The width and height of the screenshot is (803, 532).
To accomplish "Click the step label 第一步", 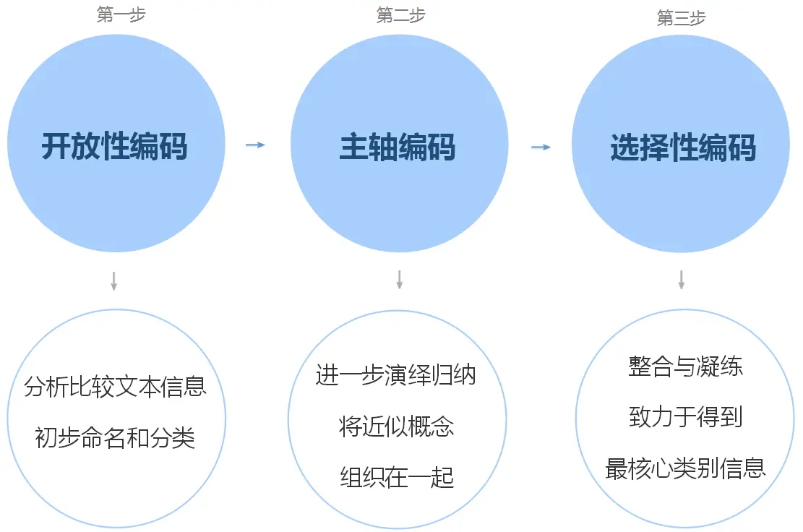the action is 121,15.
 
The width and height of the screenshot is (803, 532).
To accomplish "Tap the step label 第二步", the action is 400,15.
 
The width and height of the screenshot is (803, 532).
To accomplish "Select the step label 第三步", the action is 681,18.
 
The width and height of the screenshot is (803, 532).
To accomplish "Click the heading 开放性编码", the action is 114,147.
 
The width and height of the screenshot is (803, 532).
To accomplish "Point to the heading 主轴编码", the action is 398,147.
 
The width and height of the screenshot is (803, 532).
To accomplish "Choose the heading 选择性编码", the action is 683,148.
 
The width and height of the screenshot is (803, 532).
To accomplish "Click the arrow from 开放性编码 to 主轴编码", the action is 255,145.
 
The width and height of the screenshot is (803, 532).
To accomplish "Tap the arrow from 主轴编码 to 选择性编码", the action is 541,147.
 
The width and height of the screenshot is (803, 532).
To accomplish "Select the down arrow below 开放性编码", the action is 113,280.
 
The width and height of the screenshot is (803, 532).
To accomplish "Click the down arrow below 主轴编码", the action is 399,280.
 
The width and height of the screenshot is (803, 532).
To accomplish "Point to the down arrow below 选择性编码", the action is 681,280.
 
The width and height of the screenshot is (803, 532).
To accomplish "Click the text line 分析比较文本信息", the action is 116,386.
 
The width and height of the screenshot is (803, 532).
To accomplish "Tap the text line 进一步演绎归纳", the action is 396,376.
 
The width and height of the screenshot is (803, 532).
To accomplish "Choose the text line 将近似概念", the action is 397,426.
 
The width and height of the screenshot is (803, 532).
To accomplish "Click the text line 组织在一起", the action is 397,477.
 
